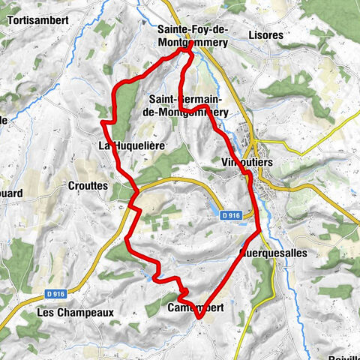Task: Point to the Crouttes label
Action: [x=88, y=185]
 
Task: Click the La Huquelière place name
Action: [x=131, y=145]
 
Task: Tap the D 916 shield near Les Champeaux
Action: [x=52, y=292]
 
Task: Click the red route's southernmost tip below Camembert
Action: [x=199, y=318]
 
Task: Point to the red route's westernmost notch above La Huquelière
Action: [x=103, y=121]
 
